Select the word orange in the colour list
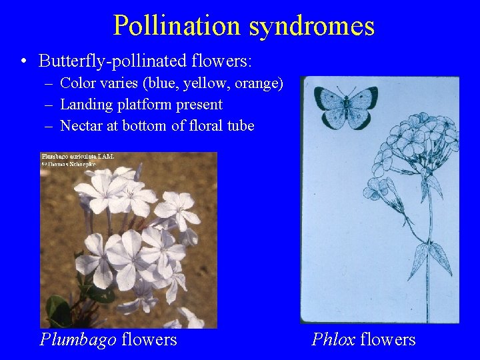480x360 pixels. (259, 84)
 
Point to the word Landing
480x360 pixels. (84, 105)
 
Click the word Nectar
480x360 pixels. (82, 125)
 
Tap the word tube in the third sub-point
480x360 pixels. (240, 125)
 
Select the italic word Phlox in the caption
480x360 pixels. (333, 340)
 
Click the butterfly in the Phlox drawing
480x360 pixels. (345, 107)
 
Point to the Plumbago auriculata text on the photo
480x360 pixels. (78, 156)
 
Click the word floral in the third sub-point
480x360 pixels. (204, 125)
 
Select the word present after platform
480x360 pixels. (199, 105)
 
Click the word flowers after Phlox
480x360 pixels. (387, 340)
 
